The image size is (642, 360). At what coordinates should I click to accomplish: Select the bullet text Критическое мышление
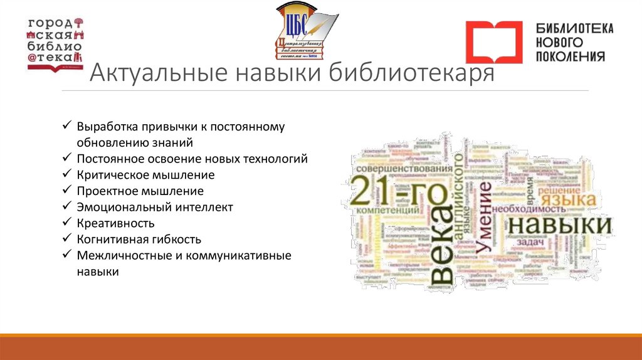[x=146, y=175]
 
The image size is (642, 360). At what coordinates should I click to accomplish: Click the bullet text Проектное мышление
[x=140, y=191]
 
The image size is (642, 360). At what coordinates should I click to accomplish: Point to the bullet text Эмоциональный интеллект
[x=155, y=207]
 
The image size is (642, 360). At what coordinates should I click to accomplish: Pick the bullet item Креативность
[x=116, y=223]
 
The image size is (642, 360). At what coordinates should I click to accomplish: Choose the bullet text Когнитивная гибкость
[x=139, y=240]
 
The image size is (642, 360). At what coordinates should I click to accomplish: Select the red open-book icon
[x=493, y=42]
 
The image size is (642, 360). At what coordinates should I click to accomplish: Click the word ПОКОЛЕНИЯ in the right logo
[x=571, y=56]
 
